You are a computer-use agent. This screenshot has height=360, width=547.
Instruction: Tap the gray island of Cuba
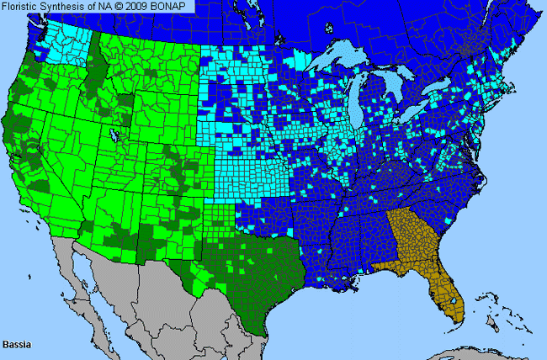pos(471,353)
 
